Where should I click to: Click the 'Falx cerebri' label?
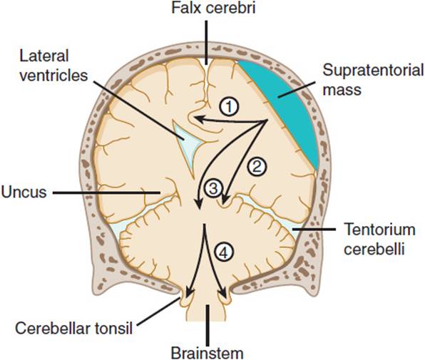(x=213, y=8)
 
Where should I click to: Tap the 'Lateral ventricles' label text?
(x=53, y=66)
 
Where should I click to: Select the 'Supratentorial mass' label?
(x=373, y=80)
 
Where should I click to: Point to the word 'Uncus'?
(x=24, y=192)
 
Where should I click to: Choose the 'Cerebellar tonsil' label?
(x=73, y=329)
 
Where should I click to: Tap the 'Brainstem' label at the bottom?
(x=207, y=354)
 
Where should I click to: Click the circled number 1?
(x=230, y=107)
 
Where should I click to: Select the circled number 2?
(x=257, y=166)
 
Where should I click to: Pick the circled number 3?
(x=214, y=188)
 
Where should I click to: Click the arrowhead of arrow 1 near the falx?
(x=198, y=119)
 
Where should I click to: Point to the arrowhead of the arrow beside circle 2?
(x=225, y=199)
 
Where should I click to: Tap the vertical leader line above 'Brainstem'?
(x=208, y=324)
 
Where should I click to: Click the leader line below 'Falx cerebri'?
(x=207, y=42)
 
